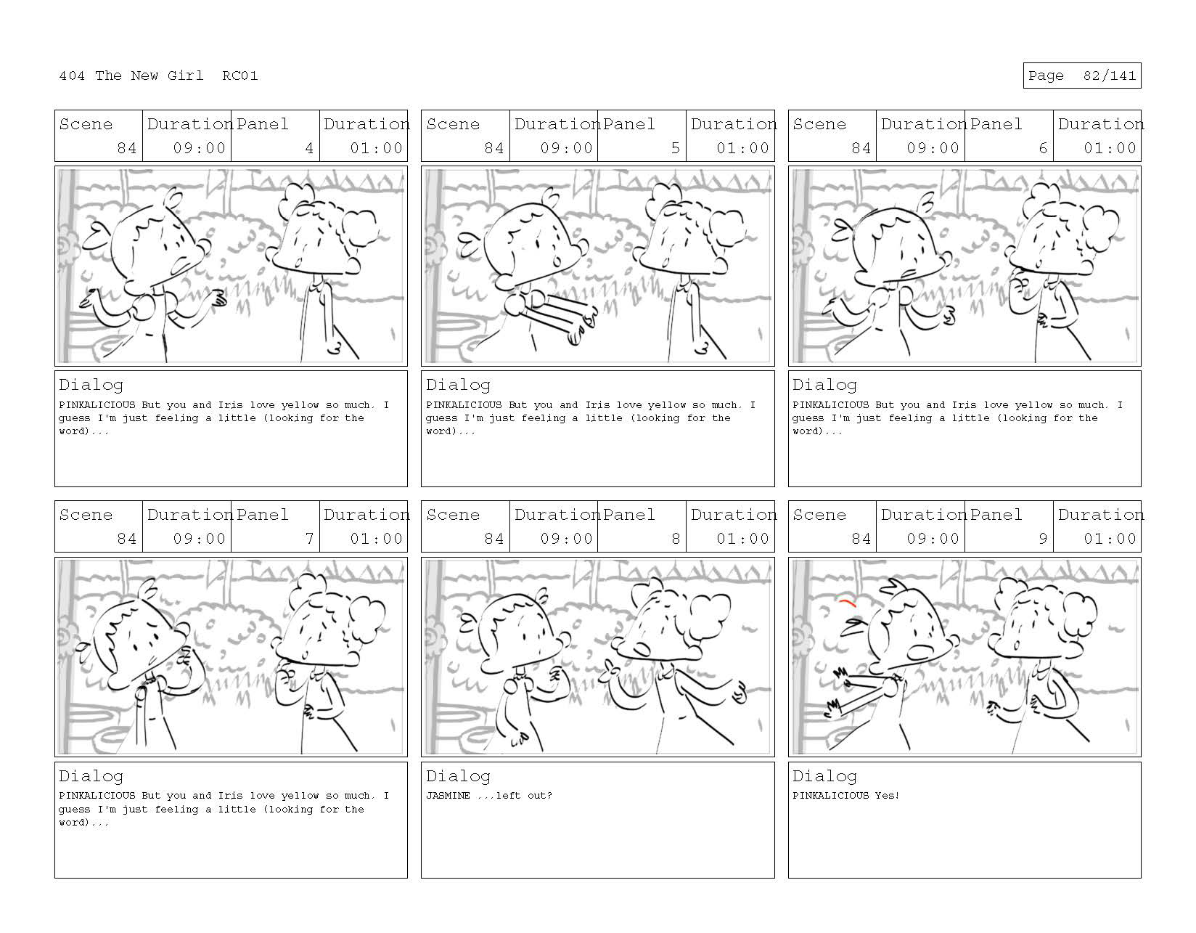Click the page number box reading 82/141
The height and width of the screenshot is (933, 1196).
1081,76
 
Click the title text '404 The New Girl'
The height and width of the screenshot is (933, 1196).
131,76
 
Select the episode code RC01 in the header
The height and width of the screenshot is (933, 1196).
240,76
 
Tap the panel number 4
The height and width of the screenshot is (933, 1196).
309,148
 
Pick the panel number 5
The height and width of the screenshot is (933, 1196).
676,148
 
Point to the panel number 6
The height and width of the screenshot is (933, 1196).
1043,148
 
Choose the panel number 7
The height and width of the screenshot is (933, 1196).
309,539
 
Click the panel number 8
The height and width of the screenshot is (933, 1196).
676,539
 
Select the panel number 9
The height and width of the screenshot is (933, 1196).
1043,539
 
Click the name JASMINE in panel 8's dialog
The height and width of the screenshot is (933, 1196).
448,795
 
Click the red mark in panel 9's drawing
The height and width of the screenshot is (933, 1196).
848,603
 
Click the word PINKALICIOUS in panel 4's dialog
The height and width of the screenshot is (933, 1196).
97,404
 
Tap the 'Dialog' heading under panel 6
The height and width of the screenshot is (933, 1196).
824,385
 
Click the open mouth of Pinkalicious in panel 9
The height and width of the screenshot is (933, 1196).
919,653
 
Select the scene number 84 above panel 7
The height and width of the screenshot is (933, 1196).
126,539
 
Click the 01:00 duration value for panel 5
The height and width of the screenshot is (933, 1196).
743,148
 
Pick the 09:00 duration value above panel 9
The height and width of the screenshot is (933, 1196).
933,539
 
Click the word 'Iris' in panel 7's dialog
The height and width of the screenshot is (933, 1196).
230,795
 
